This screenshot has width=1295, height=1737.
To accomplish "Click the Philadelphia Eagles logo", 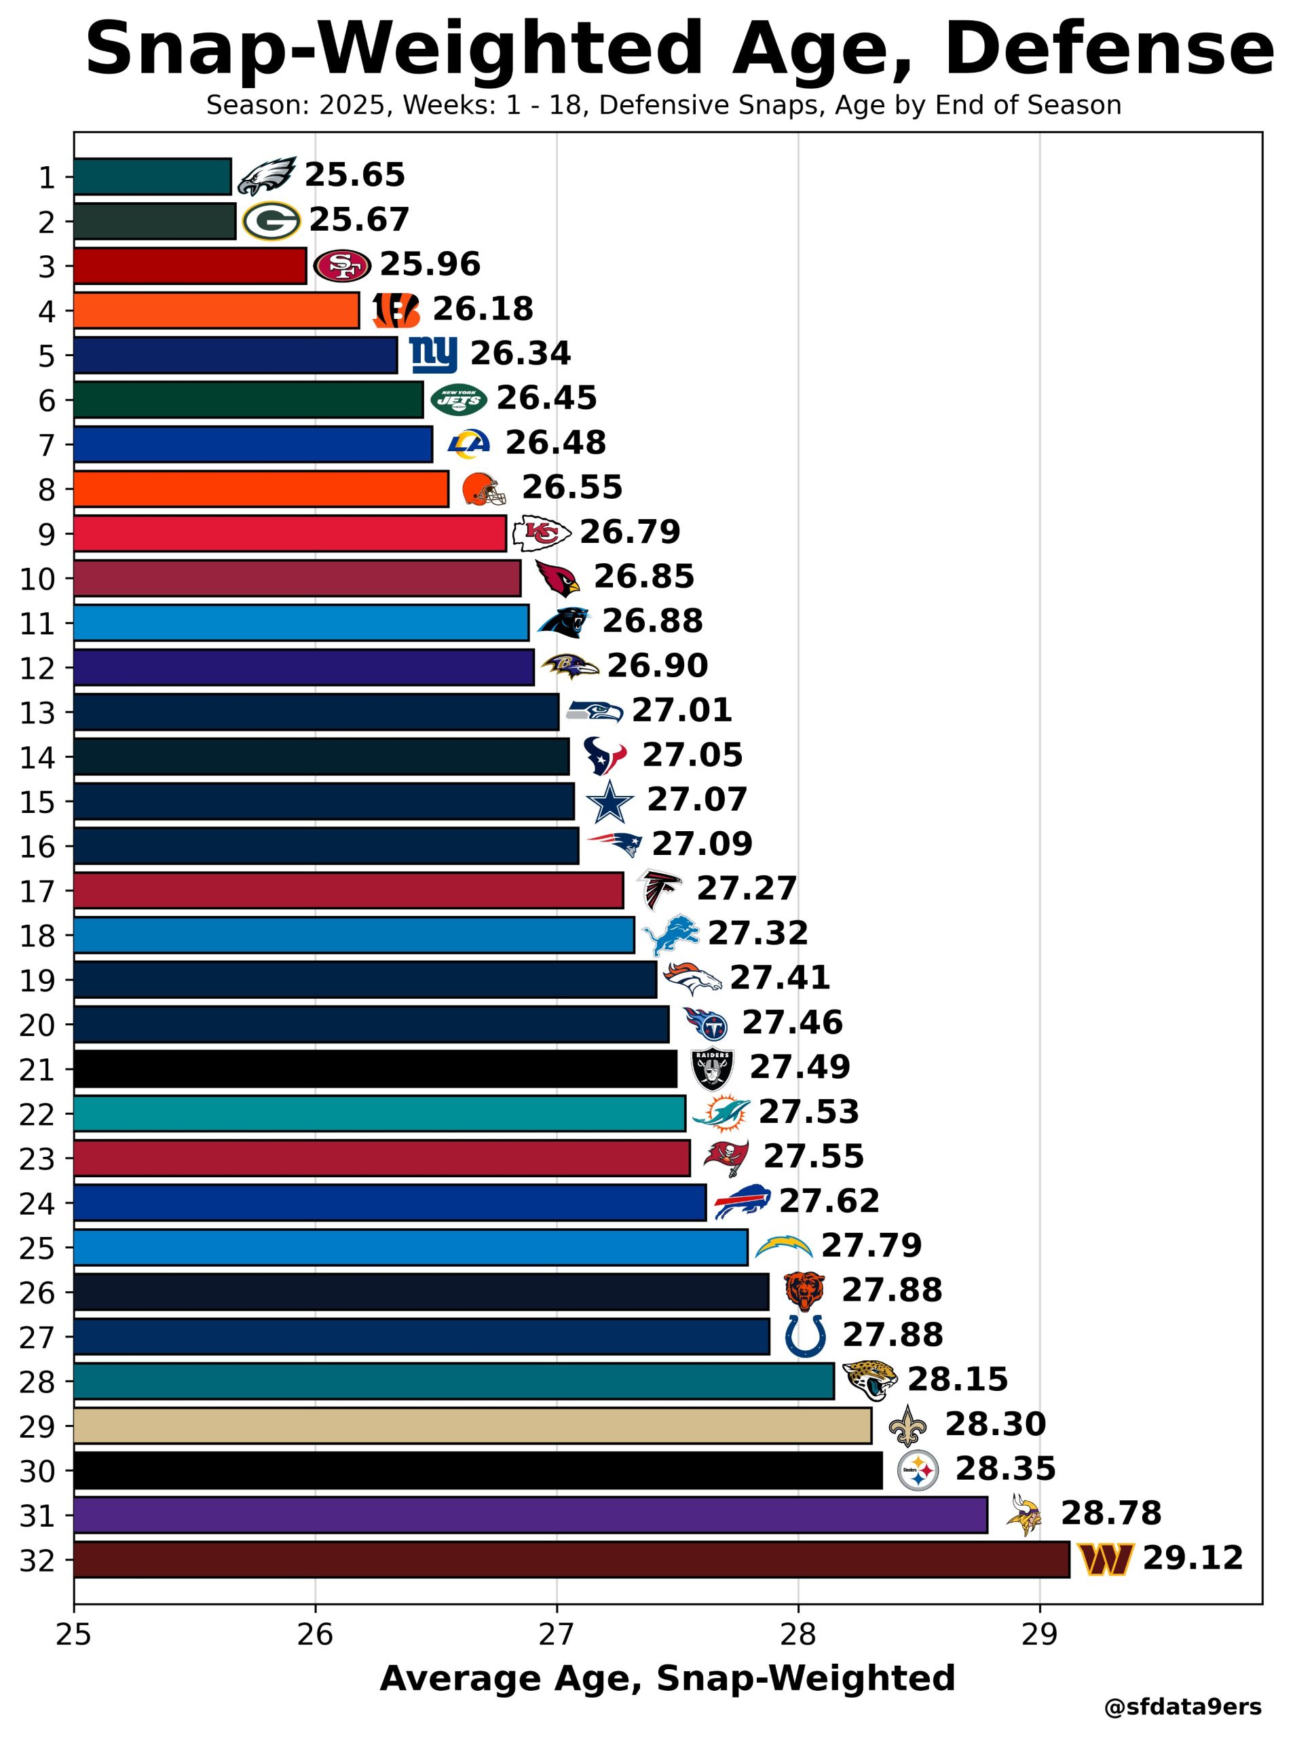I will click(x=267, y=176).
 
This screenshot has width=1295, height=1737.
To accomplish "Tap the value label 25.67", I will click(x=359, y=220).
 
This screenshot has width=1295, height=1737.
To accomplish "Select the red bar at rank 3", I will click(x=190, y=265).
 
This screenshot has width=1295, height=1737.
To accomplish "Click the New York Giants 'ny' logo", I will click(x=433, y=355).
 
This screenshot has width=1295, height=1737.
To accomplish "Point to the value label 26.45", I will click(x=546, y=399).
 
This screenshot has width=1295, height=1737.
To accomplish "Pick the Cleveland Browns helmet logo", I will click(x=483, y=490).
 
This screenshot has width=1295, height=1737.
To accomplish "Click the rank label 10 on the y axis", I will click(x=37, y=579).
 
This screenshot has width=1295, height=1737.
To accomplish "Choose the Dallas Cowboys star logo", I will click(x=609, y=802).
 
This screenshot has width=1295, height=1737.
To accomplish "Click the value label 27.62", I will click(x=829, y=1201).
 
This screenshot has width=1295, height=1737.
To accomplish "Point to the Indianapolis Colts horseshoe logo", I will click(x=805, y=1336).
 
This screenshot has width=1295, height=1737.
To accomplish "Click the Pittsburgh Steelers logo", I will click(x=917, y=1470).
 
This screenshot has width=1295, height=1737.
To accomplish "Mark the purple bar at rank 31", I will click(x=530, y=1514).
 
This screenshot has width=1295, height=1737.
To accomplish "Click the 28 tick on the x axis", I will click(x=798, y=1637).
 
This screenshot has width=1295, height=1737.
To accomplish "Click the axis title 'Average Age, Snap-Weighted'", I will click(x=667, y=1679).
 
